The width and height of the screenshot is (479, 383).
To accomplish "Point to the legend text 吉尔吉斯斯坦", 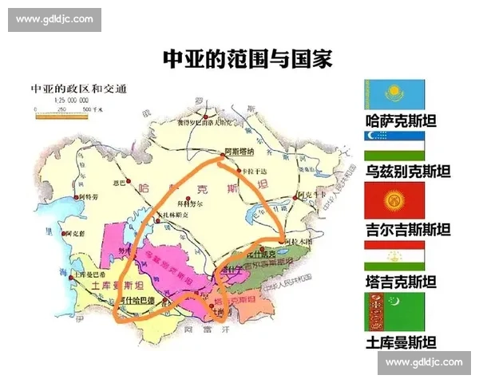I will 406,229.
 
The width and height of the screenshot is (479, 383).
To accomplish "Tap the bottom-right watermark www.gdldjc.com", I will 423,362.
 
